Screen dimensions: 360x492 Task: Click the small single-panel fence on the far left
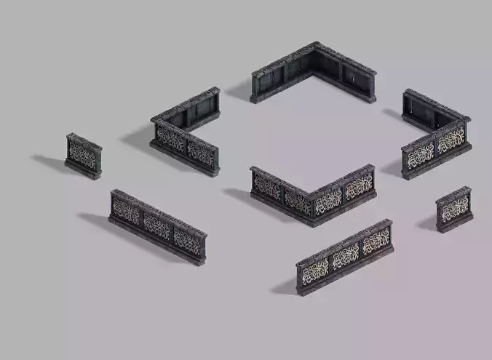click(84, 155)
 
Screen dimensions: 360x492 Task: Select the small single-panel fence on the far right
click(454, 210)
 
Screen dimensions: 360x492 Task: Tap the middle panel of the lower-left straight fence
click(156, 225)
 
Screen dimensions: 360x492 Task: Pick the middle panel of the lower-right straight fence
click(345, 255)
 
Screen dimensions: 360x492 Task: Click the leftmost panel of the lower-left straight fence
click(126, 212)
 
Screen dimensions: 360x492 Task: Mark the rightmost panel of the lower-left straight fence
click(187, 240)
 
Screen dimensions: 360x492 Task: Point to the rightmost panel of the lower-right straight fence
click(376, 240)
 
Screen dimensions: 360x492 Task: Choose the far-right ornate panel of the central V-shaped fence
click(359, 186)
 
